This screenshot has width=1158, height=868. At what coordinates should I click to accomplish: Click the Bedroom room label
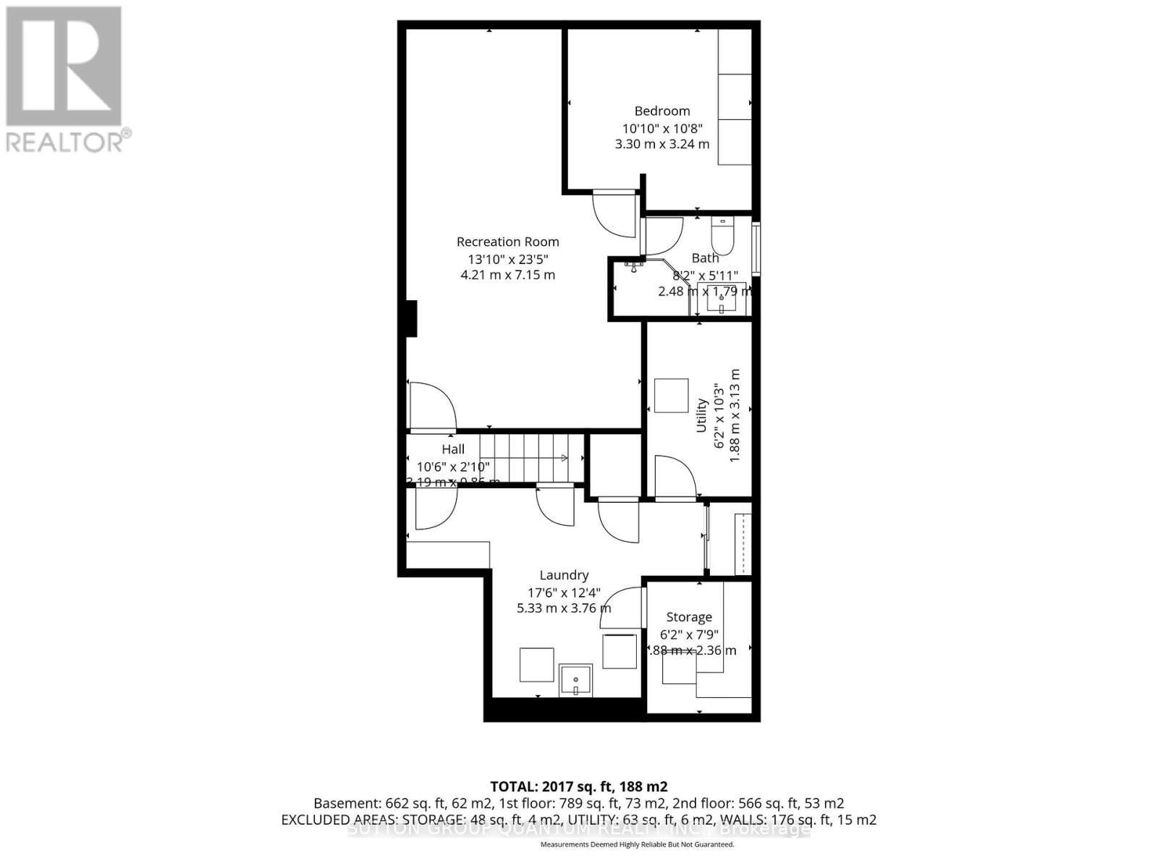coord(662,111)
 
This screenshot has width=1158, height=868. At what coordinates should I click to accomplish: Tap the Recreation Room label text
coord(507,242)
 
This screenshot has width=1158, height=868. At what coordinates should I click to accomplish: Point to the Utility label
coord(701,415)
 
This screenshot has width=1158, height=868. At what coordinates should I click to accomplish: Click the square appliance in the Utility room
coord(671,395)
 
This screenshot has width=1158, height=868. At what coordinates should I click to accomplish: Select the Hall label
coord(453,449)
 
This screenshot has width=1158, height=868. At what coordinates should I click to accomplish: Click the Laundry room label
coord(563,575)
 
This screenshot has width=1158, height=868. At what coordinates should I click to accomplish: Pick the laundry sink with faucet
coord(576,681)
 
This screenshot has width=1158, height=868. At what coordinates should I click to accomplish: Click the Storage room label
coord(688,617)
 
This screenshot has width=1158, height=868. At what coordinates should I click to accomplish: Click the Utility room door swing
coord(674,477)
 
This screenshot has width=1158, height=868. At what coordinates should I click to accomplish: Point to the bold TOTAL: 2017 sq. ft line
coord(578,786)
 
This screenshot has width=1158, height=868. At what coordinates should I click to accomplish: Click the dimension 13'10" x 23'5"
coord(507,259)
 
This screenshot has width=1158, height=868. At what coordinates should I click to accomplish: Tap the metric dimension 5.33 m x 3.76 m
coord(563,608)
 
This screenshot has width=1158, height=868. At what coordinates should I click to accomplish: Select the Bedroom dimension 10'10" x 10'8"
coord(662,128)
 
